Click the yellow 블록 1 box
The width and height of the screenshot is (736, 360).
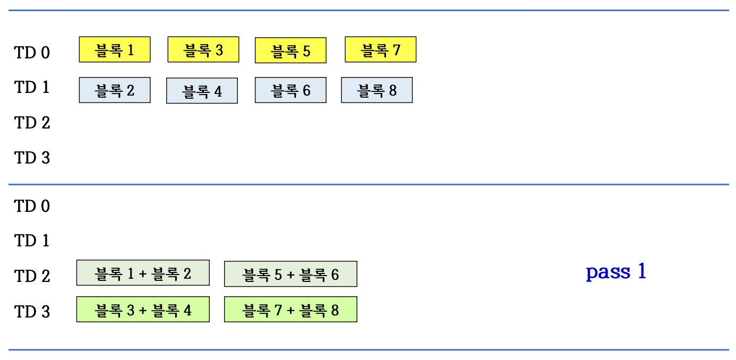point(114,49)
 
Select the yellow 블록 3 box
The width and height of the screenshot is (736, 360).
point(203,49)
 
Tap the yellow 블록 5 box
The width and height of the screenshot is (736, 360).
point(290,50)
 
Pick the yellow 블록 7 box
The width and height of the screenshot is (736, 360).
point(380,49)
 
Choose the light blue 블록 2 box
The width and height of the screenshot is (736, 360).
point(114,90)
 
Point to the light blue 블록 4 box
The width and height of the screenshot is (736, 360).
point(202,91)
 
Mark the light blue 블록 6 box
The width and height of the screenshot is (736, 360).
point(290,90)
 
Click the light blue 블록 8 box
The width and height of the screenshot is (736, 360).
point(376,90)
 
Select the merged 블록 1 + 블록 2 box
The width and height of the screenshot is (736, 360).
point(143,273)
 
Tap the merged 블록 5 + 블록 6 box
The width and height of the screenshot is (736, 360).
point(290,274)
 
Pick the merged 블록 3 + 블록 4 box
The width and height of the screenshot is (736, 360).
point(143,310)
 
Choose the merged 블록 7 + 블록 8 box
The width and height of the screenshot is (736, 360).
point(290,310)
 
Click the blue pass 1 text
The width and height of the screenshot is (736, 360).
point(616,272)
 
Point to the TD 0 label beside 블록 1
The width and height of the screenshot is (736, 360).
point(32,53)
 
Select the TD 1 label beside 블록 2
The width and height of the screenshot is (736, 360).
point(32,88)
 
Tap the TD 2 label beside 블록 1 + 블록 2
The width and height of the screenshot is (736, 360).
point(32,276)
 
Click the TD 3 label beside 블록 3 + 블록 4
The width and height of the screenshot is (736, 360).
point(32,312)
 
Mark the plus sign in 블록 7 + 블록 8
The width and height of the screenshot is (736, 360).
point(290,310)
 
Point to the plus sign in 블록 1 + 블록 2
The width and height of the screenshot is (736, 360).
point(143,274)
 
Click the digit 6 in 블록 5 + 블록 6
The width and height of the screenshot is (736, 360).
point(335,275)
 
